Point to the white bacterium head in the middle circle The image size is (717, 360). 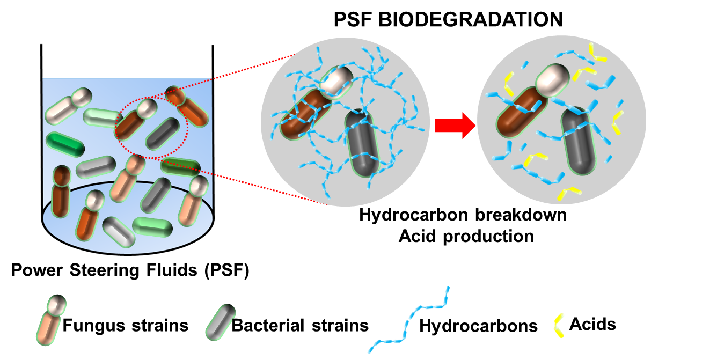(336, 80)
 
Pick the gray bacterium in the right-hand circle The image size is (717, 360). (577, 141)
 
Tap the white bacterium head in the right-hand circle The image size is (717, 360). (552, 80)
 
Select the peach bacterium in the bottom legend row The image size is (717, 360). (47, 327)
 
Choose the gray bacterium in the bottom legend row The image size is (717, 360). (220, 322)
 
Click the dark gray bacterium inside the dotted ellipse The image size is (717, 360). (163, 134)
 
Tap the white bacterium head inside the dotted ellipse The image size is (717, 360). (147, 108)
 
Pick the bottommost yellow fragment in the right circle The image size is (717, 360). (568, 193)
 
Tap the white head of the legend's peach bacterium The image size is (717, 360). (56, 304)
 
